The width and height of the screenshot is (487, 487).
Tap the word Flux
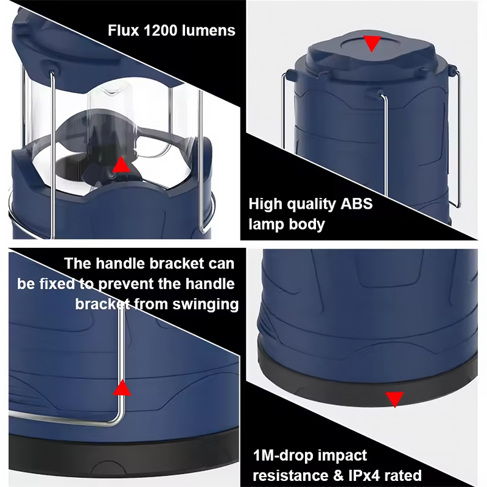tap(124, 31)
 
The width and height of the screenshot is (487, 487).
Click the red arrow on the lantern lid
tap(372, 43)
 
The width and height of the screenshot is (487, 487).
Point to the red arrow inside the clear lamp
tap(121, 164)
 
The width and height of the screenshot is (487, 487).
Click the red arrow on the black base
tap(394, 399)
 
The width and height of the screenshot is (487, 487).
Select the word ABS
tap(357, 204)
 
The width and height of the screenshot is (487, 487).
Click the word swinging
tap(206, 305)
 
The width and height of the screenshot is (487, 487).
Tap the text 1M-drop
tap(283, 455)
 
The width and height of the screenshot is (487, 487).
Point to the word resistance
tap(290, 475)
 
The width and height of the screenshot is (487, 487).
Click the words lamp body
tap(287, 225)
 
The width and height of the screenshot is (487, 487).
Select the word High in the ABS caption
tap(265, 205)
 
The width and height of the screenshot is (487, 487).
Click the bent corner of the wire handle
tap(118, 420)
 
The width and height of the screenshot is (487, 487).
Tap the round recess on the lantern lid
tap(371, 44)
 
